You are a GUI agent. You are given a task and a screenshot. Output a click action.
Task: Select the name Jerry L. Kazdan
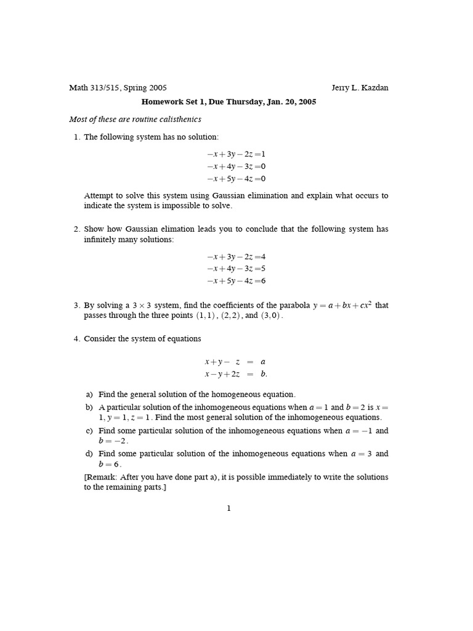tap(360, 88)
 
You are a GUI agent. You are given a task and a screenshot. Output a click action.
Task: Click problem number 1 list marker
tap(76, 137)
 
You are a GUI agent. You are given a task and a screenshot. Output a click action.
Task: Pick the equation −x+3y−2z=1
tap(236, 154)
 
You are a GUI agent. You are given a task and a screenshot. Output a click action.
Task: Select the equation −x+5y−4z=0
tap(236, 179)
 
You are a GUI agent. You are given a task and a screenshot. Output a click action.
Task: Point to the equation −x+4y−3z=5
tap(236, 269)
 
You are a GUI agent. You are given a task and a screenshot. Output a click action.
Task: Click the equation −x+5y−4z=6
tap(236, 281)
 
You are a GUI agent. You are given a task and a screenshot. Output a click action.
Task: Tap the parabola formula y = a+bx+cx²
tap(342, 304)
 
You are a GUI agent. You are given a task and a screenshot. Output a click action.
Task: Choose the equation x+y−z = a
tap(235, 362)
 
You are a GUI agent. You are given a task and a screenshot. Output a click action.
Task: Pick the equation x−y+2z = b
tap(236, 374)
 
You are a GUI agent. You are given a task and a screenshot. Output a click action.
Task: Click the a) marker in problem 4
tap(89, 394)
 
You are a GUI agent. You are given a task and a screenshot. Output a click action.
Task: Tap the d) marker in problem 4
tap(89, 454)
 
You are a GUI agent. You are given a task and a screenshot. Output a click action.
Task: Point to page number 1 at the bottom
tap(228, 508)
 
